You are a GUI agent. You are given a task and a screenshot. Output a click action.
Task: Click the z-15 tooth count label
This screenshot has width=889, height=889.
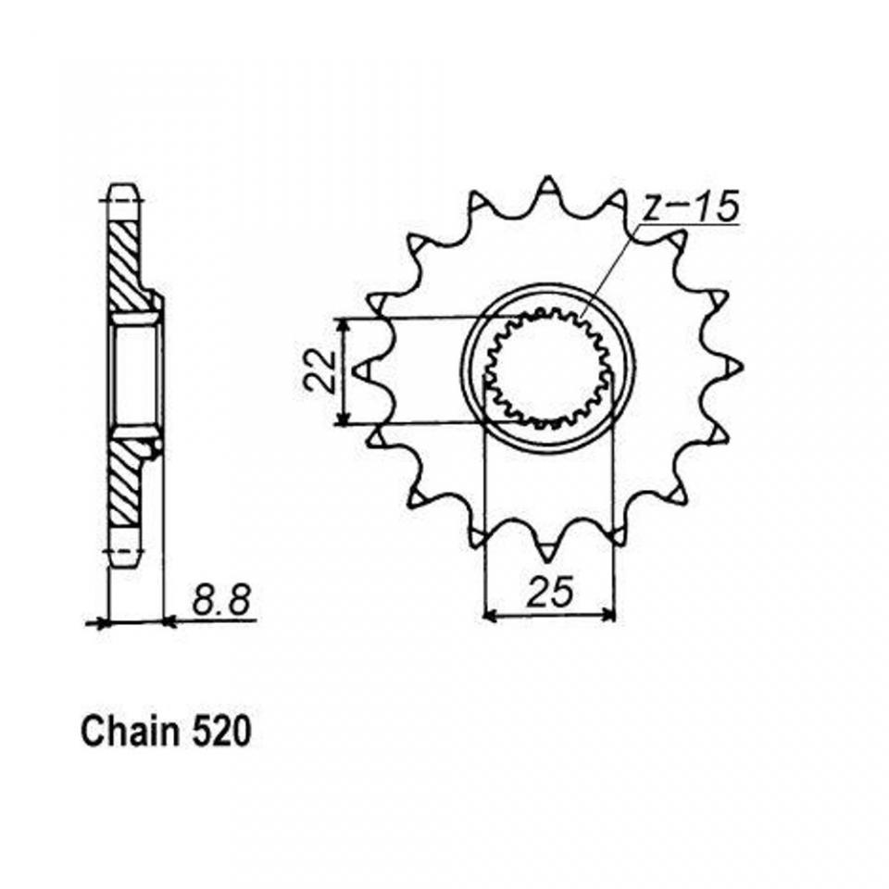[691, 207]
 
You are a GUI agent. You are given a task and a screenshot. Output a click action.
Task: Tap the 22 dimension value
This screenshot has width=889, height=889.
[318, 370]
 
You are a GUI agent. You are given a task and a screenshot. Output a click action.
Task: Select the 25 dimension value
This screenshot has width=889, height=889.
[549, 592]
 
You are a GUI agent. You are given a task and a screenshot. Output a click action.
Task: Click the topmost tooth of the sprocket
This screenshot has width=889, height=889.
[547, 190]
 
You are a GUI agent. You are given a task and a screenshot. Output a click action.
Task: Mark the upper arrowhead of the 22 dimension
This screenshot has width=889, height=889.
[342, 325]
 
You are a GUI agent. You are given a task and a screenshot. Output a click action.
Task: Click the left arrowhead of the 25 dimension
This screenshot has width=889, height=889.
[490, 616]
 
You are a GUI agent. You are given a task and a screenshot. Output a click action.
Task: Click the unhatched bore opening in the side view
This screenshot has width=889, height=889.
[135, 375]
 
